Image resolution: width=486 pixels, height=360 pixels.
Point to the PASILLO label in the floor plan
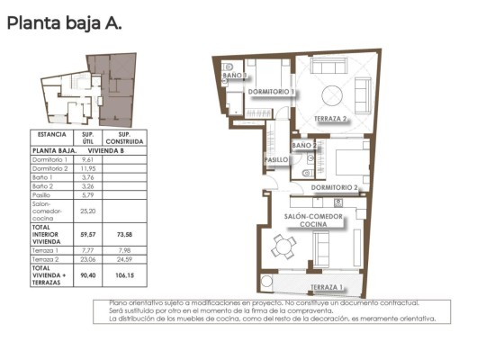coord(275,159)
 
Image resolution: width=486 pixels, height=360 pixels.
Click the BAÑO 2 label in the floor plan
coord(304,144)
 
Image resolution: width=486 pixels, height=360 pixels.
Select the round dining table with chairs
coord(284,245)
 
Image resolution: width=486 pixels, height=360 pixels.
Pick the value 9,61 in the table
coord(87,159)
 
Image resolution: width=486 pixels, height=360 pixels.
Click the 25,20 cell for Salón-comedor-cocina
coord(87,211)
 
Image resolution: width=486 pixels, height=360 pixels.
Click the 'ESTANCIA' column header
coord(51,134)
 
